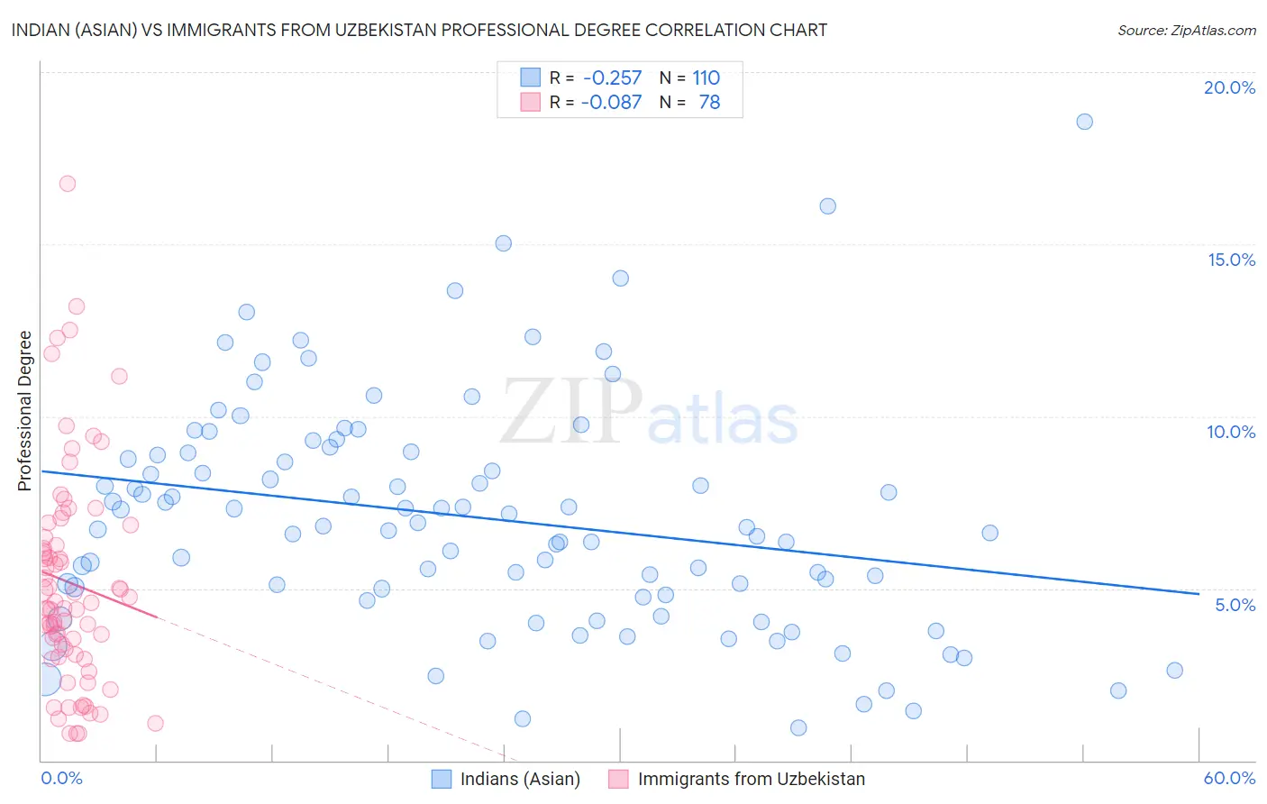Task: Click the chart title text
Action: pos(419,30)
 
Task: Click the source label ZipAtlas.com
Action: pos(1186,30)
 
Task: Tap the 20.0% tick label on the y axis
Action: pos(1229,87)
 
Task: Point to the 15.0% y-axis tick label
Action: pos(1231,260)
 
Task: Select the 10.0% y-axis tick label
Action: pos(1231,432)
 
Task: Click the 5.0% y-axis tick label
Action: pos(1235,605)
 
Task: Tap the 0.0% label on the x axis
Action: pos(61,778)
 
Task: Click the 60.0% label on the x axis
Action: pos(1229,778)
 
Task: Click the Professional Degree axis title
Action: pos(24,411)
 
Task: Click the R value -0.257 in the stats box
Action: pos(612,78)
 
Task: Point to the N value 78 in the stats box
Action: pos(709,103)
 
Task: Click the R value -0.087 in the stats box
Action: pos(611,103)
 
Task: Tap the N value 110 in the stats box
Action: pos(706,78)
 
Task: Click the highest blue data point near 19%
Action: pos(1084,122)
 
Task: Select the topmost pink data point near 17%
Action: pos(67,184)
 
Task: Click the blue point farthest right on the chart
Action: pos(1174,671)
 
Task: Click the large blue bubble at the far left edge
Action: pos(45,680)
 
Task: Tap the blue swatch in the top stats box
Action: pos(530,78)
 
